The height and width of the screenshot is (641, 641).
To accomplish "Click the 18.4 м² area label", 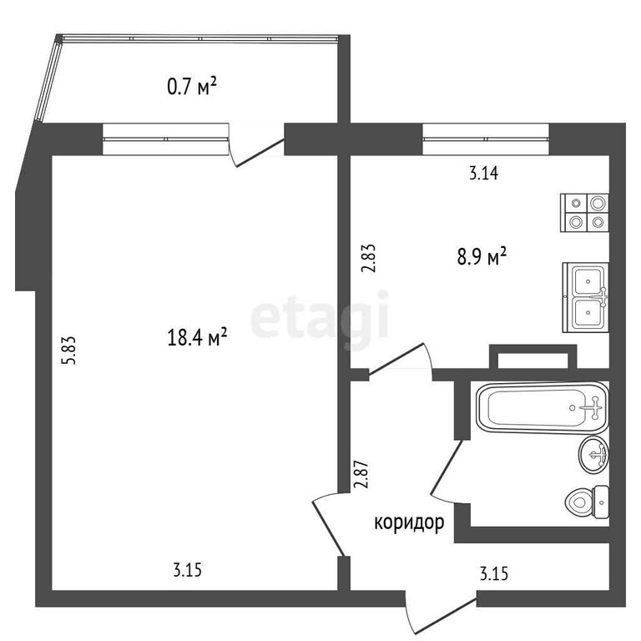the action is point(197,337).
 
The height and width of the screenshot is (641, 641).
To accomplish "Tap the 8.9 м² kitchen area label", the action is point(482,257).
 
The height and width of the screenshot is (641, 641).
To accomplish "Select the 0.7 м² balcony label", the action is point(192,87).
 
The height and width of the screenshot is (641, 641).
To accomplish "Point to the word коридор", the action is point(409,522).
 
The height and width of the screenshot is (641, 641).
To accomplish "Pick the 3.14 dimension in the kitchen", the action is point(483,174).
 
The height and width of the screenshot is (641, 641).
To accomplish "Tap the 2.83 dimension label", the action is point(368,259).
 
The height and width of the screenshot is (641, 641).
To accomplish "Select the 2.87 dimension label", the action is point(361,475).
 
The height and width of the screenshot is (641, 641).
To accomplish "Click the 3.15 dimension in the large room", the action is point(188,569).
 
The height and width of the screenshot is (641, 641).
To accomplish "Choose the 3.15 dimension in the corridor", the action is point(494,573).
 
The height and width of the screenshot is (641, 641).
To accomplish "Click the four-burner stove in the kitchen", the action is point(584,213).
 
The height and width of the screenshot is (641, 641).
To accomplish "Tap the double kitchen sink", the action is point(585,297).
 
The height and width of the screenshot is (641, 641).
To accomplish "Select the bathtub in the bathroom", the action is point(543,407).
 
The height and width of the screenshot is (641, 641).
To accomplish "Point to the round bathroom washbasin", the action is point(594,454).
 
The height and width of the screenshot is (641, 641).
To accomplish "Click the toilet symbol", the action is point(587,502).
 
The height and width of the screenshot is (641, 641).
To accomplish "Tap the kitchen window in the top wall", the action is point(486,139).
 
